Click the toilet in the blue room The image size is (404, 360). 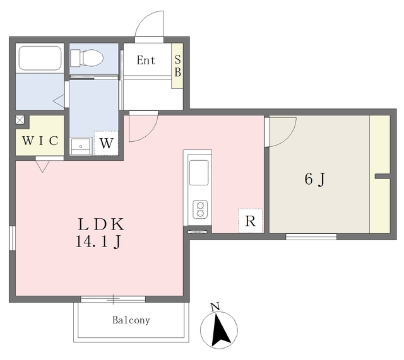(x=87, y=58)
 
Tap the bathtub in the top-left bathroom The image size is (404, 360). (x=40, y=58)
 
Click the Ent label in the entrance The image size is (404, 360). (x=146, y=61)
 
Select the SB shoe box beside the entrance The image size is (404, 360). (x=177, y=66)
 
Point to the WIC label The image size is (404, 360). (x=40, y=141)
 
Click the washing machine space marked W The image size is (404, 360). (x=107, y=143)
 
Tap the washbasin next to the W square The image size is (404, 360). (x=81, y=146)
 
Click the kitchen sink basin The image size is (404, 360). (x=199, y=173)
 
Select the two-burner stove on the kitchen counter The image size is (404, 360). (x=200, y=209)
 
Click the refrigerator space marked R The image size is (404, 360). (x=251, y=221)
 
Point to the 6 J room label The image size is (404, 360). (x=314, y=179)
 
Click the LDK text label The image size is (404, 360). (x=101, y=224)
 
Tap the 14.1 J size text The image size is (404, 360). (x=98, y=242)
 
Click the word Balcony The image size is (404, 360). (x=131, y=320)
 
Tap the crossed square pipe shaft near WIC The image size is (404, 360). (x=20, y=120)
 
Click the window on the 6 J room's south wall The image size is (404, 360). (x=311, y=236)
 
